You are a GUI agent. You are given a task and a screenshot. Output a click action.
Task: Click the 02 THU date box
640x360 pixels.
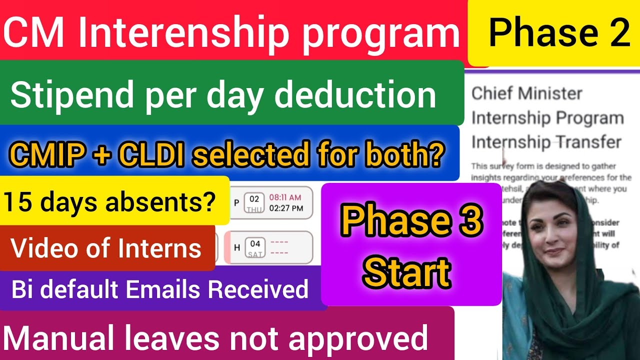pos(254,203)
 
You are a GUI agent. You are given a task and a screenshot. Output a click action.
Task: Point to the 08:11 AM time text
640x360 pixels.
pos(285,197)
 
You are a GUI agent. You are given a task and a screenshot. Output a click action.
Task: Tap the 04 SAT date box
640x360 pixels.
pos(255,247)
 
